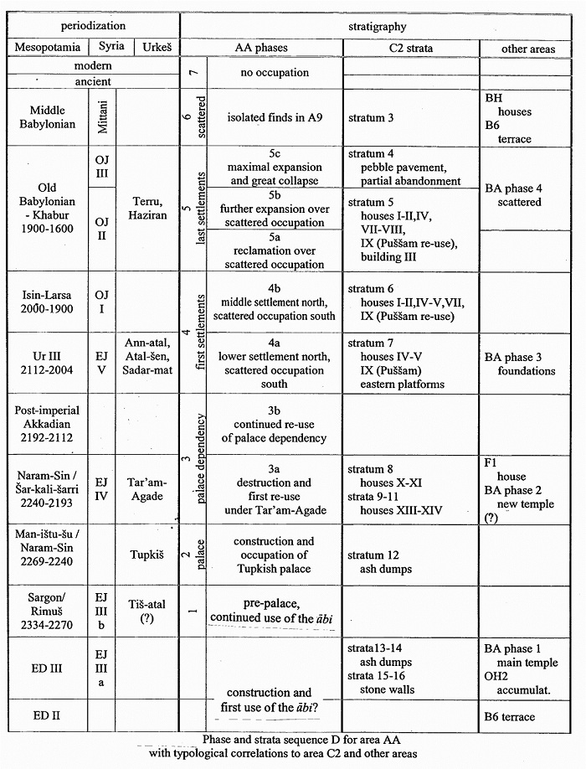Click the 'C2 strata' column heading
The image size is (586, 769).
pyautogui.click(x=411, y=48)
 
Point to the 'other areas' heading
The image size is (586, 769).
pyautogui.click(x=527, y=49)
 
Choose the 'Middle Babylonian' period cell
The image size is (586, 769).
pyautogui.click(x=53, y=117)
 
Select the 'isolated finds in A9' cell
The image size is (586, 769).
pyautogui.click(x=275, y=118)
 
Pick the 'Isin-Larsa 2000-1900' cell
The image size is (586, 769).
pyautogui.click(x=53, y=302)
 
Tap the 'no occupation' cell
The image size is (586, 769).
pyautogui.click(x=275, y=73)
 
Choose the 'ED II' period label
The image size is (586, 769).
pyautogui.click(x=53, y=718)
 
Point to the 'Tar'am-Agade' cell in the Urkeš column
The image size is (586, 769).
pyautogui.click(x=148, y=489)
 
